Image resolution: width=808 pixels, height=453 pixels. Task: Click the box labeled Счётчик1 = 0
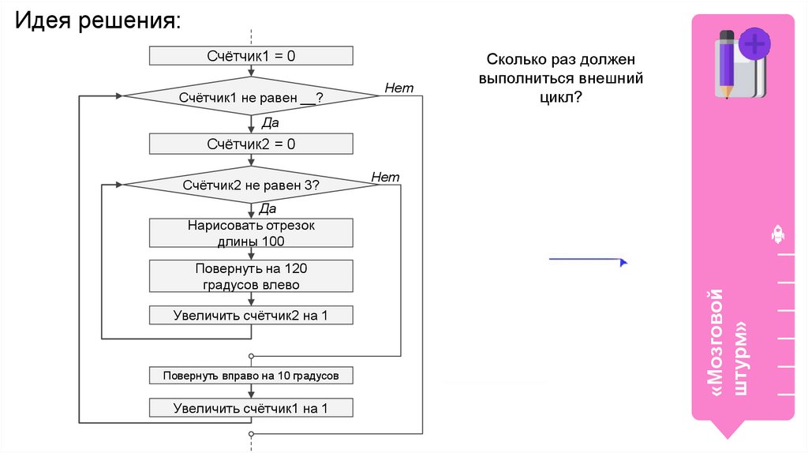(x=251, y=56)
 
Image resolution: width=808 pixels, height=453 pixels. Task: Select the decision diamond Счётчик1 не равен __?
(x=251, y=97)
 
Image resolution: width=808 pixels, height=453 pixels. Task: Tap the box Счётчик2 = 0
(x=251, y=144)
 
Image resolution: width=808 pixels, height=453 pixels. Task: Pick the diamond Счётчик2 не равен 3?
(x=251, y=185)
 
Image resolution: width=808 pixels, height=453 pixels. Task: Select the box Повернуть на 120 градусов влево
(x=251, y=276)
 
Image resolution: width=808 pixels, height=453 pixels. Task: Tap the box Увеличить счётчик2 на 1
(x=251, y=316)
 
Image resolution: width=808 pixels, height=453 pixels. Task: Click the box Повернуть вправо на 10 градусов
(x=251, y=376)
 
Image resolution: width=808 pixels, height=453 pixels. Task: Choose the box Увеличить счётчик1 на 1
(x=251, y=408)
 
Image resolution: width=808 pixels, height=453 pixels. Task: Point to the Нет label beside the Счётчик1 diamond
(x=398, y=88)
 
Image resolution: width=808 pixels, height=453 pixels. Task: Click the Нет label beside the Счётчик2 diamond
(x=385, y=177)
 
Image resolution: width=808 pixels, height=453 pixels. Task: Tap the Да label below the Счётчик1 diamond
(x=269, y=122)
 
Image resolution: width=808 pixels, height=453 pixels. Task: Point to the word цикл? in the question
(x=560, y=96)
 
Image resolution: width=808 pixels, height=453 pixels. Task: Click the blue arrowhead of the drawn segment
(x=623, y=262)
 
